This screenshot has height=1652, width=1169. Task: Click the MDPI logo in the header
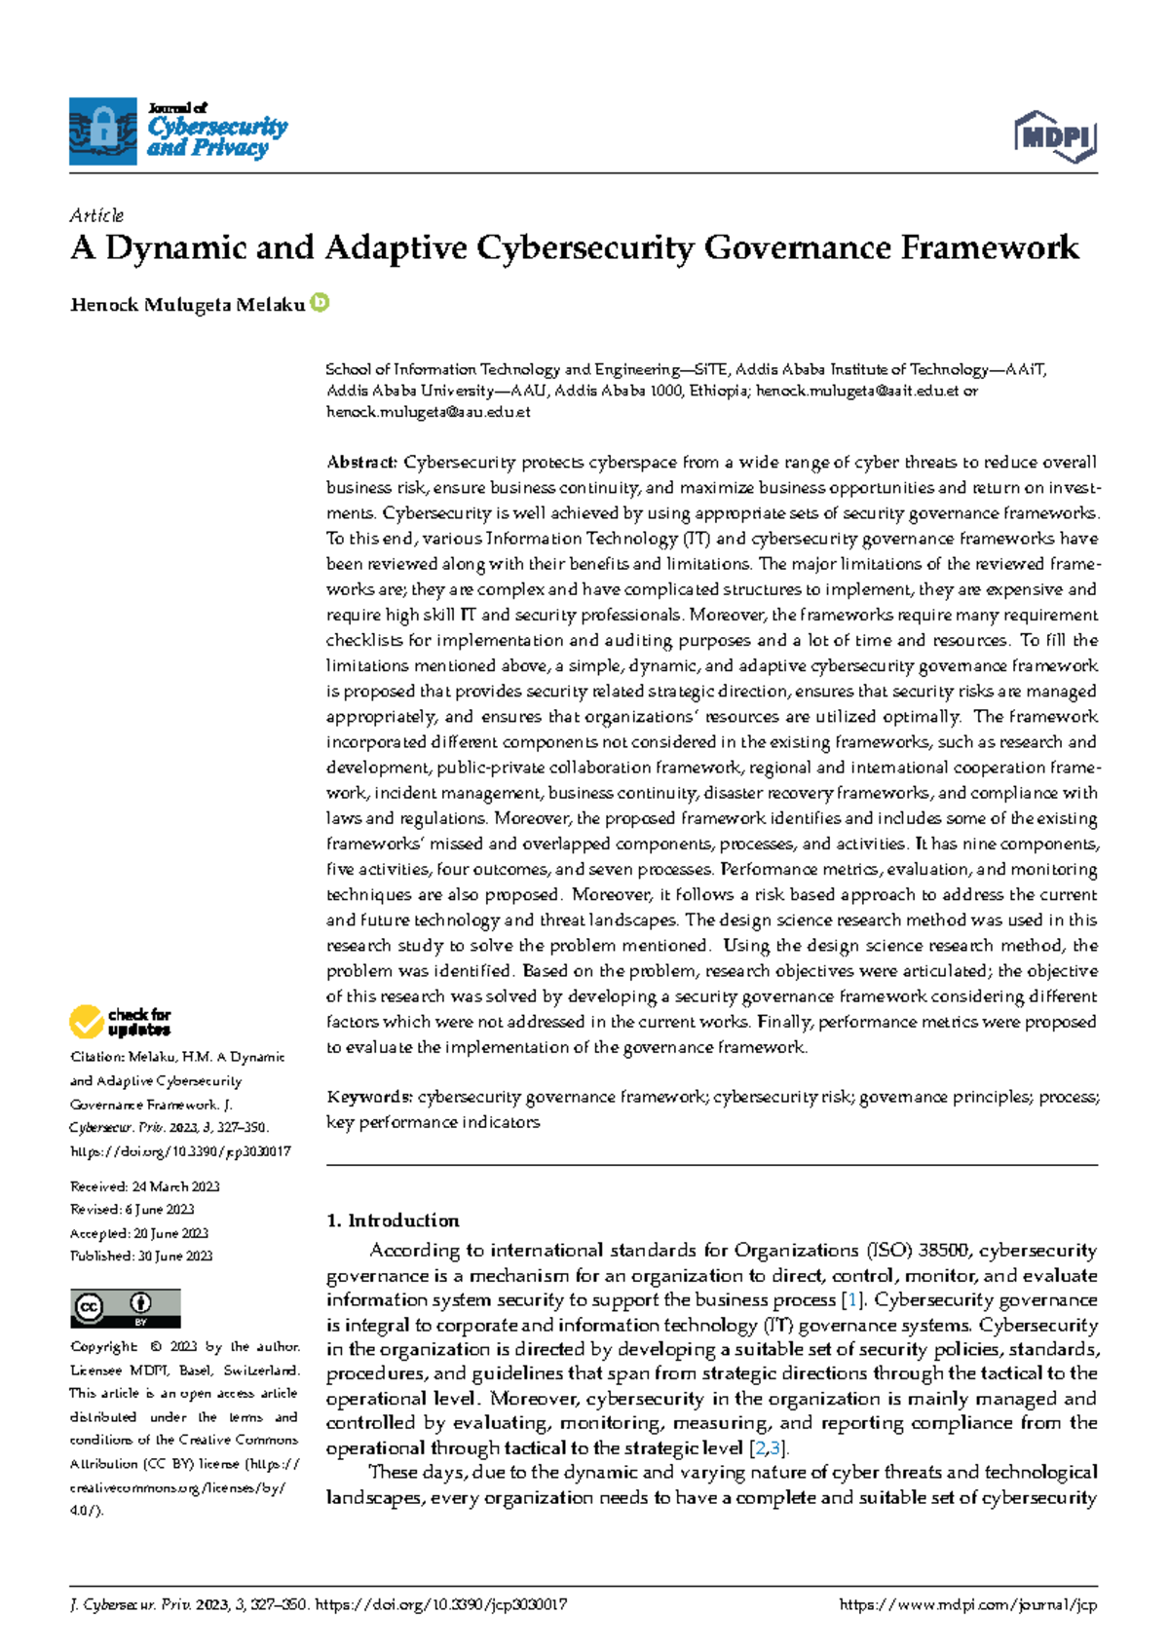[x=1055, y=136]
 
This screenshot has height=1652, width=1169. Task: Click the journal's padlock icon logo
[x=102, y=131]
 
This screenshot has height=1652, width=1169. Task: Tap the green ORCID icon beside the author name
[x=321, y=303]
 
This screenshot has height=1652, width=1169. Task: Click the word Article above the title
[x=96, y=215]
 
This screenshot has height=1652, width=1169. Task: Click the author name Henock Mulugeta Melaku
[x=187, y=305]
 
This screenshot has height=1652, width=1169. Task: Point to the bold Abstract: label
[x=361, y=462]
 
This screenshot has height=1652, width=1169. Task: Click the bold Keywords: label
[x=370, y=1097]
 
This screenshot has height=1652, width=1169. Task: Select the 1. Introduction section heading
[x=393, y=1220]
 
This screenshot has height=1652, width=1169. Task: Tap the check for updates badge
[x=121, y=1022]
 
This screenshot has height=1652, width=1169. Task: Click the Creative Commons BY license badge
[x=125, y=1308]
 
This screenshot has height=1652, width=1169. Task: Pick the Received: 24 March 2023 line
[x=144, y=1186]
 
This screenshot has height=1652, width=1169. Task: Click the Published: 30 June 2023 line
[x=141, y=1257]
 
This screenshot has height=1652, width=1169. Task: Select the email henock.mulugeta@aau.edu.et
[x=428, y=412]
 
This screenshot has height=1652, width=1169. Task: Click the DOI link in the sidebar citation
[x=180, y=1151]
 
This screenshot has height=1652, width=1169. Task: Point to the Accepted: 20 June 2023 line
[x=139, y=1233]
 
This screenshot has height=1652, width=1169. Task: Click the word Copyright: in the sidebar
[x=103, y=1347]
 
